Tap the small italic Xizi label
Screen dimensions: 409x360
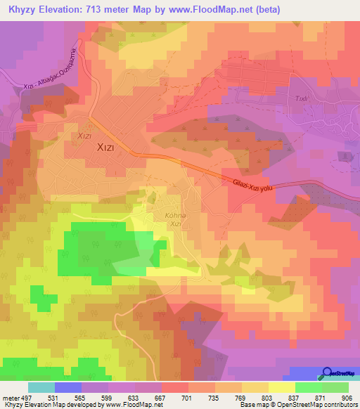[85, 136]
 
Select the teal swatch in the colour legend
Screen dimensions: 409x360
[41, 387]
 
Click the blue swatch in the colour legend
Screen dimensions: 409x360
[68, 387]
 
